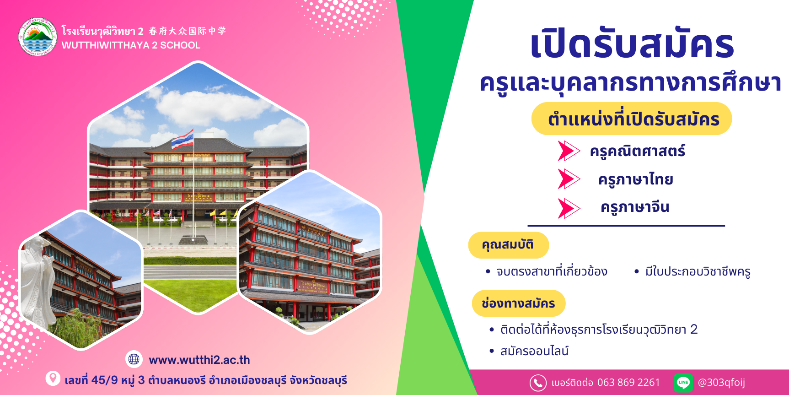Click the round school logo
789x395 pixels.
(38, 37)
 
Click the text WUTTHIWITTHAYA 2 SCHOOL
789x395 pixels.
(131, 45)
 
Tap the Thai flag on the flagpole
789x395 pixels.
(182, 140)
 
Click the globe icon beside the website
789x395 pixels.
(134, 359)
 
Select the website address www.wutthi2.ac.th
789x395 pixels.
(199, 360)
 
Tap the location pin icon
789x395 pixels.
(53, 378)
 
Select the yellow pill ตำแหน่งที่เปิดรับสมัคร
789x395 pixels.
(632, 119)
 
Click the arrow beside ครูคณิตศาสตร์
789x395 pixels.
(569, 151)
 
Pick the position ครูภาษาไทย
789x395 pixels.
(636, 179)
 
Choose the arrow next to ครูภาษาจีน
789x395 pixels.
(569, 208)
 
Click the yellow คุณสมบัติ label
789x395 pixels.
(508, 245)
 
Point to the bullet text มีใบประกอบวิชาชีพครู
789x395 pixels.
(698, 272)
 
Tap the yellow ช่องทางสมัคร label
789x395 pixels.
(519, 303)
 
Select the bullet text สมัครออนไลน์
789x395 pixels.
(534, 351)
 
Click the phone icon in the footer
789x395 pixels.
(538, 383)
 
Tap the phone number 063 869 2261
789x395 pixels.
(628, 382)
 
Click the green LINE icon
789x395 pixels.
(683, 383)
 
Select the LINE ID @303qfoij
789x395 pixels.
(721, 383)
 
